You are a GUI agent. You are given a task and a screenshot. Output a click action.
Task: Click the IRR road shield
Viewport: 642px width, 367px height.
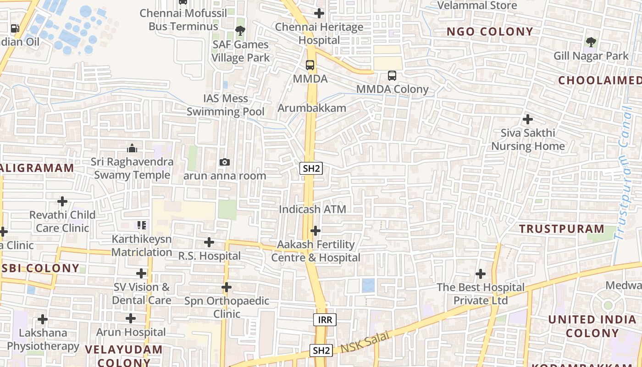coord(325,320)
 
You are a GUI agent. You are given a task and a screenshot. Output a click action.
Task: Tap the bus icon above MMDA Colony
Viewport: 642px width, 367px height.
coord(392,76)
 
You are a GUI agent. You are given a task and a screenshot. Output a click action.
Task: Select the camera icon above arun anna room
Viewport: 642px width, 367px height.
coord(225,162)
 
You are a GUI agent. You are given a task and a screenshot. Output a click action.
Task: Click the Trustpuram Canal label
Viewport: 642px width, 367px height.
coord(623,174)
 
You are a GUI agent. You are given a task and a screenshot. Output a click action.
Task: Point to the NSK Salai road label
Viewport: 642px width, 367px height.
coord(365,342)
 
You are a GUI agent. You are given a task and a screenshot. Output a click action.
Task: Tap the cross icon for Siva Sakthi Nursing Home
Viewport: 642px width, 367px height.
coord(528,119)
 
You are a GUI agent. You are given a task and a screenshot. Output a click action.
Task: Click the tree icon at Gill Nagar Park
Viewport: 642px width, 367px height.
coord(591,42)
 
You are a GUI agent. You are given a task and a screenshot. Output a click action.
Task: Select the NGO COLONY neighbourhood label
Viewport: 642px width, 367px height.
coord(490,32)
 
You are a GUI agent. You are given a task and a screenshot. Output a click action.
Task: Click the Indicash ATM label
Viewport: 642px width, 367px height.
coord(313,209)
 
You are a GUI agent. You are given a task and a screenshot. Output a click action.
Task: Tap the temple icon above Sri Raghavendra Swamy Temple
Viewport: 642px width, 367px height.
coord(132,148)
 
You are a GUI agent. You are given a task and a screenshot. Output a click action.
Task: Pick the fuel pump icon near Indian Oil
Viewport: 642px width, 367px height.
coord(15,28)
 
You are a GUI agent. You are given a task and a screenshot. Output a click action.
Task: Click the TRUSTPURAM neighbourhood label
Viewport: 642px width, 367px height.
coord(562,228)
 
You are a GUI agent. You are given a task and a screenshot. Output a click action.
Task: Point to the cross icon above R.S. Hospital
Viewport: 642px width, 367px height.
coord(209,242)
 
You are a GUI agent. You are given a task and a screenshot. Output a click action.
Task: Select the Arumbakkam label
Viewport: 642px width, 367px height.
coord(312,108)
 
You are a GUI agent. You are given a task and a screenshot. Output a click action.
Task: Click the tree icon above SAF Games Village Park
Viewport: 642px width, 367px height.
coord(240,31)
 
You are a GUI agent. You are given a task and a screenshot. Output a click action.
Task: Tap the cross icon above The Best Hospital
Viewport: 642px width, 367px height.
coord(481,274)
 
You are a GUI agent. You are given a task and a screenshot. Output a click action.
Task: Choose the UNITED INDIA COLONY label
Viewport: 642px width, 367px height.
coord(592,326)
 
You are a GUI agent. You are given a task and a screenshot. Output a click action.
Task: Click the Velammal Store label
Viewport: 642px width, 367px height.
coord(477,6)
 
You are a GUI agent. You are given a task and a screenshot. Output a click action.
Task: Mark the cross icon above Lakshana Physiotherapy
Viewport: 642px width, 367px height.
coord(43,319)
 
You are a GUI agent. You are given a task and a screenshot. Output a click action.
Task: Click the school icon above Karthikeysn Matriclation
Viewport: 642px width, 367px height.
coord(142,225)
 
